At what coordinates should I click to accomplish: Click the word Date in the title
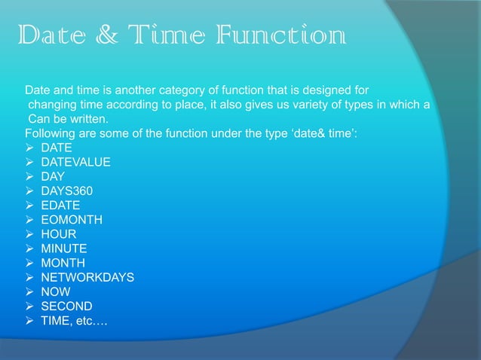point(52,35)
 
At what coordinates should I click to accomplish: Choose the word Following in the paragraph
point(50,133)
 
